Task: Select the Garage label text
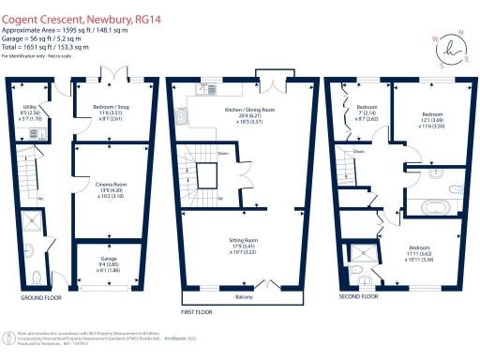click(110, 260)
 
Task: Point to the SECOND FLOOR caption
click(358, 296)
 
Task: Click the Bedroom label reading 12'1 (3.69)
click(432, 119)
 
